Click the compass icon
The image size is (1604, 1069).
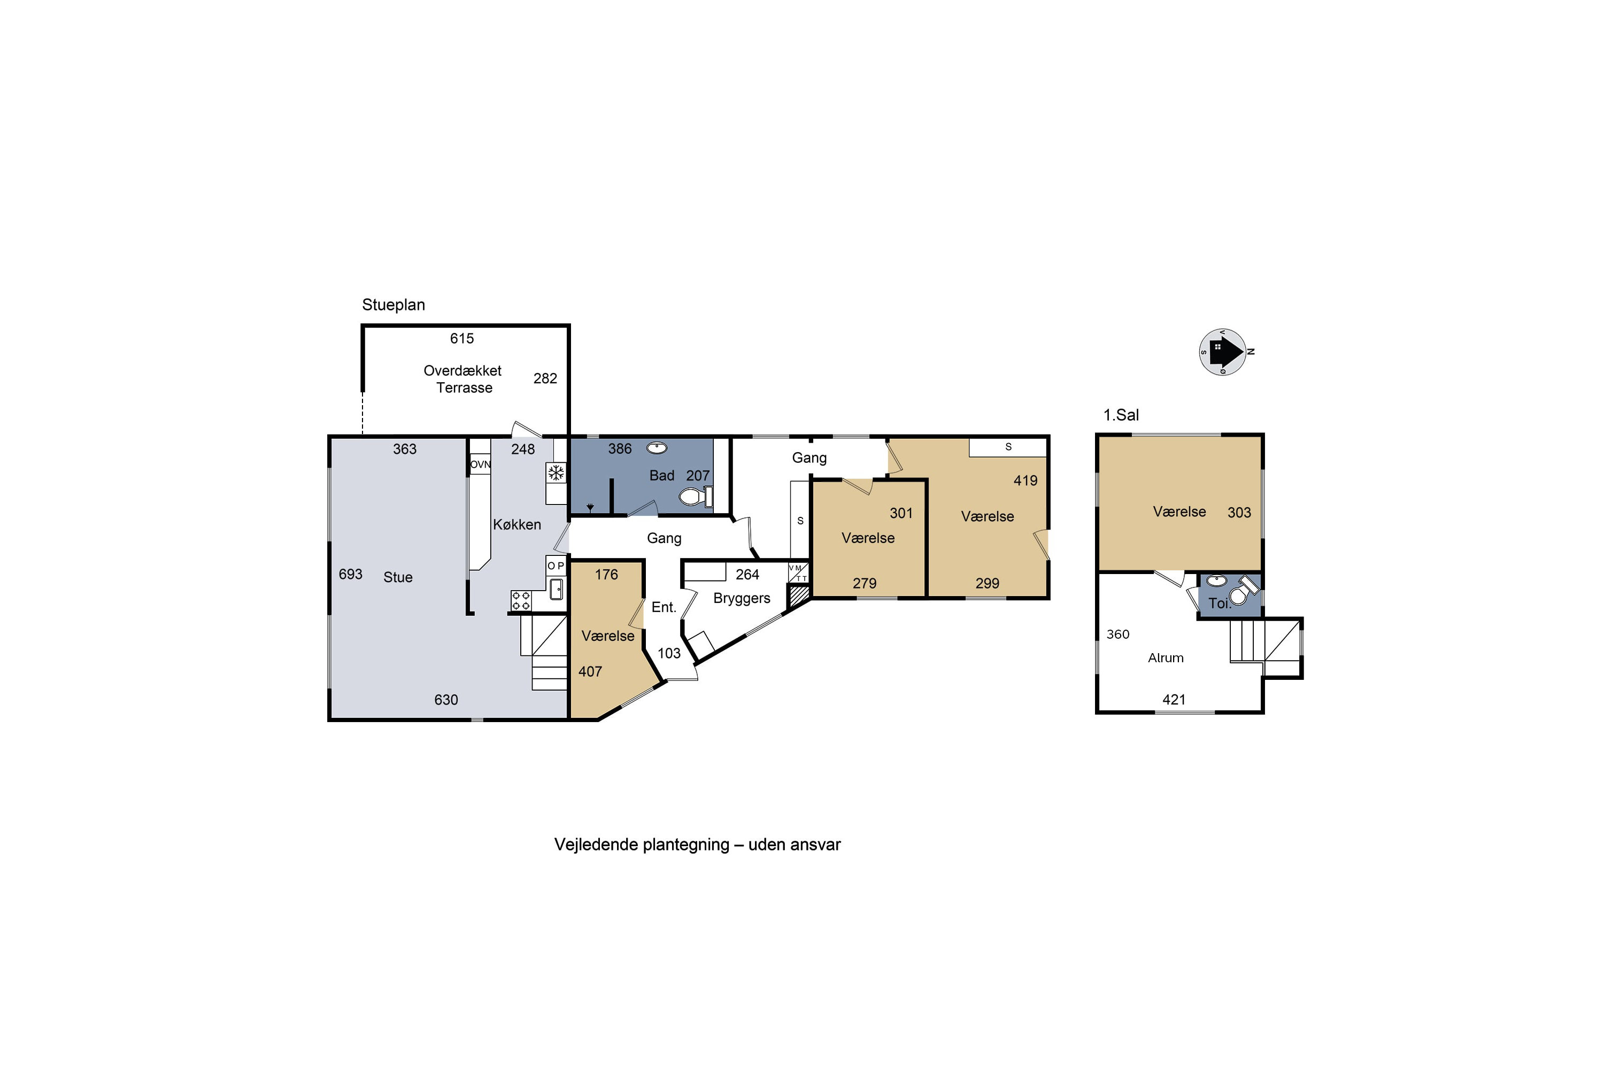[x=1223, y=352]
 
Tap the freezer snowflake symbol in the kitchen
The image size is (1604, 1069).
[x=557, y=472]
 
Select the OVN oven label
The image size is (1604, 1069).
[x=480, y=464]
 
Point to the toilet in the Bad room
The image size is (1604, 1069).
[x=696, y=497]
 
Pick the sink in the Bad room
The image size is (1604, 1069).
[x=657, y=448]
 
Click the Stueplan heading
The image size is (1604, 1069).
[x=394, y=305]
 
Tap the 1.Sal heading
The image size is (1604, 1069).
[x=1121, y=415]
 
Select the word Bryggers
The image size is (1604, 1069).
[x=742, y=598]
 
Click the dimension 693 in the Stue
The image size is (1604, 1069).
[x=351, y=574]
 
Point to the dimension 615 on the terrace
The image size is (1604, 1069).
[x=462, y=338]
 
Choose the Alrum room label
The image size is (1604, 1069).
[x=1166, y=658]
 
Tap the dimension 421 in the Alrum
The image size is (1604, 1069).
[x=1174, y=700]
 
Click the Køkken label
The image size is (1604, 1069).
[x=517, y=524]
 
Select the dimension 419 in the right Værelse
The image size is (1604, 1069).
[x=1025, y=481]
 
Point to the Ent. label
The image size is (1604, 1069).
[x=664, y=607]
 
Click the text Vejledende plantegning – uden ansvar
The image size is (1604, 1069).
[x=698, y=845]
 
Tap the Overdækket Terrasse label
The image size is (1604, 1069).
[x=463, y=379]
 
